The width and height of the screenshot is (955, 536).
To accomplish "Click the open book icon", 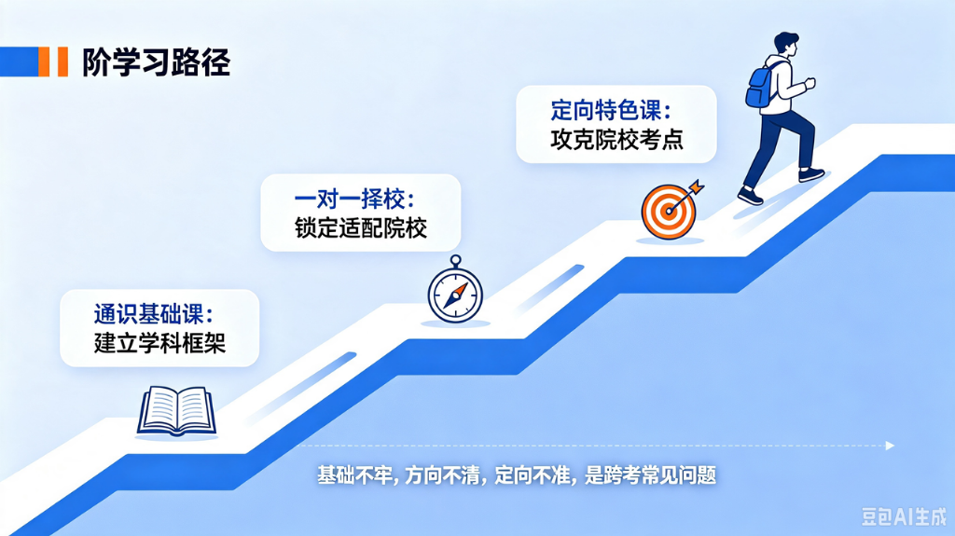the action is pos(176,411).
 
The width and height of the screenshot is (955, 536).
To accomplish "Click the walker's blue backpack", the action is pos(759,88).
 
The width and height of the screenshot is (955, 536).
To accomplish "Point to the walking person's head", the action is pos(785,45).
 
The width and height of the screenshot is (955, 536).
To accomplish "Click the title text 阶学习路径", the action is pos(157,62).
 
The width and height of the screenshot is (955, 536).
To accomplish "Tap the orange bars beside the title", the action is pos(53,62).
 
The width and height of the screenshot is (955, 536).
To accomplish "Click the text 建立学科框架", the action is pos(159,343).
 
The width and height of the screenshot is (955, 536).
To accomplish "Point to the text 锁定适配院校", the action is pos(361,227).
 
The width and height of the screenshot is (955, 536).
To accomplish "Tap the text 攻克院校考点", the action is pos(616,139).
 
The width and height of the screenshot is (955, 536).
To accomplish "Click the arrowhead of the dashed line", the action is pos(890,446).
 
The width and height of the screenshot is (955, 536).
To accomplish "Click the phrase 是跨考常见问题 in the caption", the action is pos(650,475).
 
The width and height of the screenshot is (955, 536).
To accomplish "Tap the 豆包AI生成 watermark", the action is pos(904,516).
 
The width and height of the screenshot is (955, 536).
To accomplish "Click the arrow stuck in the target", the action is pos(686,196).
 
